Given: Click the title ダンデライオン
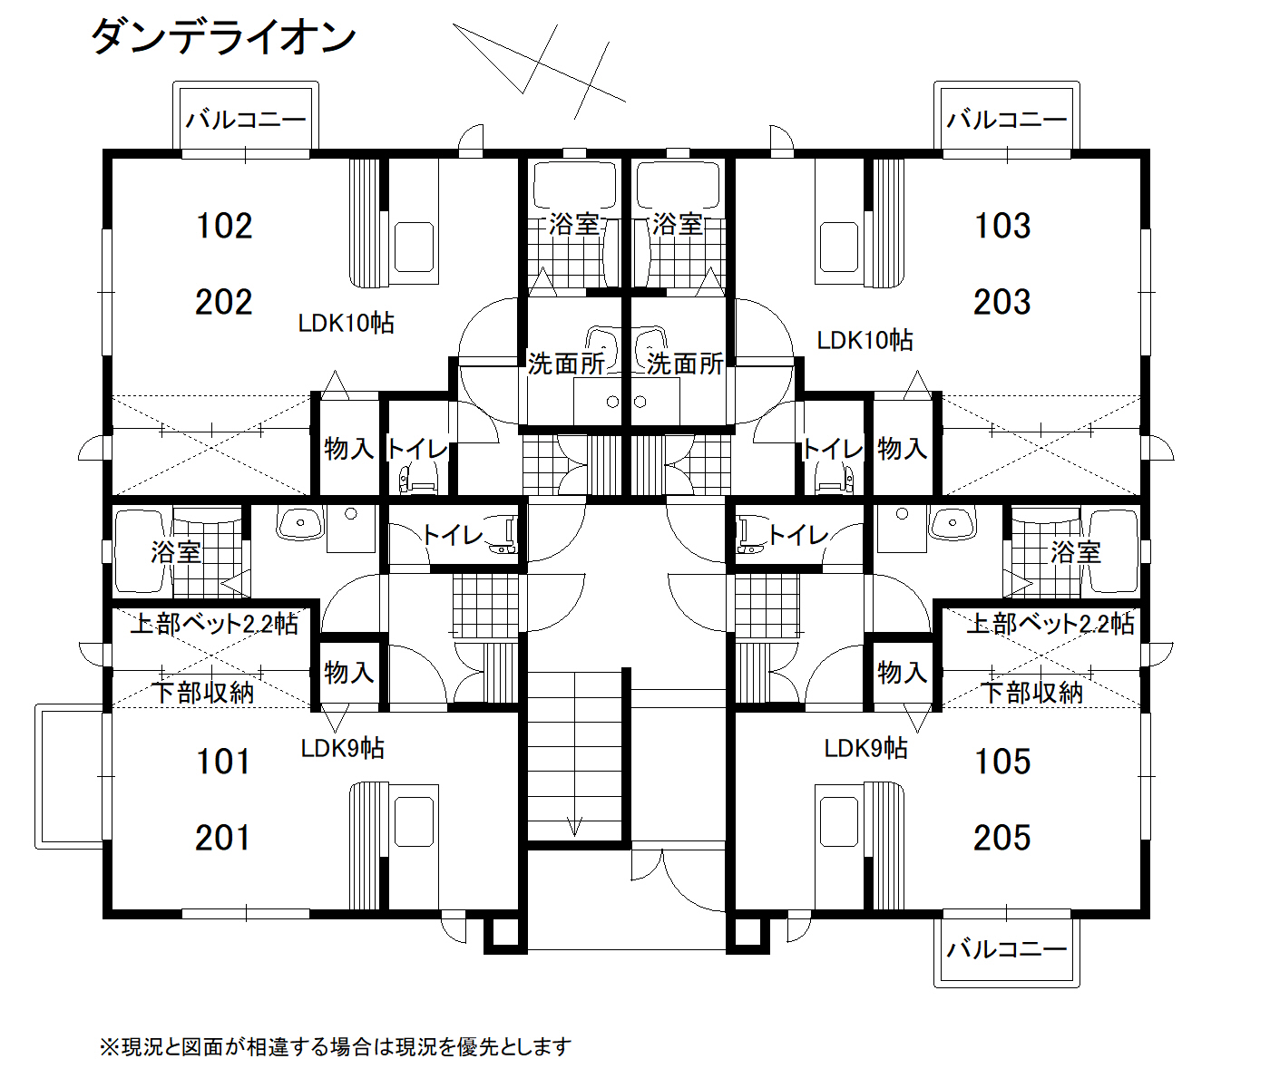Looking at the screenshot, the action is [x=224, y=37].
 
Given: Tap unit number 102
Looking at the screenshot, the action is [x=224, y=226].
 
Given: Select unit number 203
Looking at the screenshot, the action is [x=1002, y=302].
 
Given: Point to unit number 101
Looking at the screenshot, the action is [x=223, y=762].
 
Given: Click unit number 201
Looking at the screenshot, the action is [x=223, y=838].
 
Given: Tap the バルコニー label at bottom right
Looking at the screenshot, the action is [x=1006, y=950].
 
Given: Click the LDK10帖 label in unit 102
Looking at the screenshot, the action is [x=346, y=323].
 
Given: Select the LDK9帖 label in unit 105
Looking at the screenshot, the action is [x=865, y=749].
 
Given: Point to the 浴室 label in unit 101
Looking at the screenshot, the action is [x=176, y=552].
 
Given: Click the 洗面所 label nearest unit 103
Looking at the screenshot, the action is [x=685, y=364].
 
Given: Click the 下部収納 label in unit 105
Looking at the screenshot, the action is [x=1031, y=693].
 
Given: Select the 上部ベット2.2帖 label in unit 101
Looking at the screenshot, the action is [x=214, y=625].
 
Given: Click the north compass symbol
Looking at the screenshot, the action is [x=540, y=72].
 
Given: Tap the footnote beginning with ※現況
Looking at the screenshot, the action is [x=336, y=1047].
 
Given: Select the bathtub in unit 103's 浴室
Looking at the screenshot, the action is [x=678, y=183].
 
